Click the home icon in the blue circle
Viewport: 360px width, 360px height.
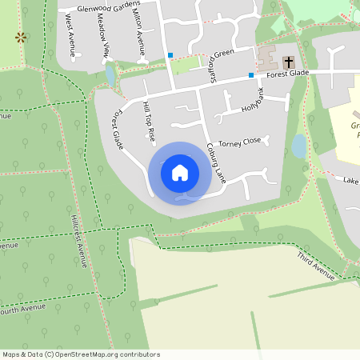click(x=180, y=172)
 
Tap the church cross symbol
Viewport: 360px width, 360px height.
click(x=287, y=62)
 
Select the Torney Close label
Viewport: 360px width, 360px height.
click(x=239, y=141)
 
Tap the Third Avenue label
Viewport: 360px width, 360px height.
click(x=315, y=266)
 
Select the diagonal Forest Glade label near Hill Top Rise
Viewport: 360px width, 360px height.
click(x=118, y=129)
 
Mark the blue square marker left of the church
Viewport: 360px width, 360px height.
click(x=251, y=75)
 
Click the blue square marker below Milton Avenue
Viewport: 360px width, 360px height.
click(x=170, y=55)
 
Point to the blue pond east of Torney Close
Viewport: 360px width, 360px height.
click(x=298, y=146)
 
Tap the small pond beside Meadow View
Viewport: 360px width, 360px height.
click(x=110, y=74)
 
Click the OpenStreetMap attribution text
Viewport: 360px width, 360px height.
click(x=80, y=354)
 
